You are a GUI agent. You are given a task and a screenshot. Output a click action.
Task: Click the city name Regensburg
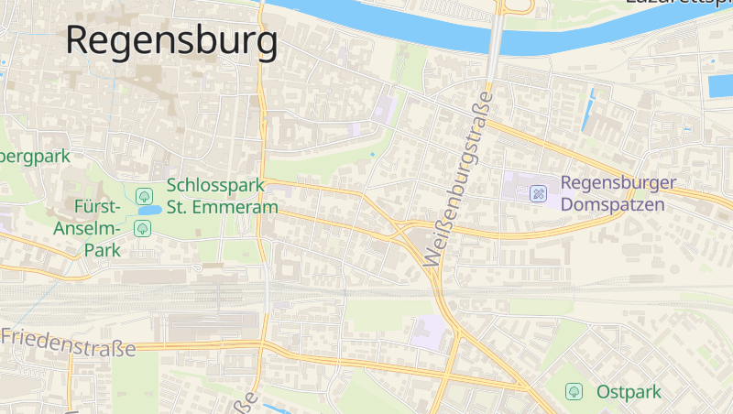(171, 40)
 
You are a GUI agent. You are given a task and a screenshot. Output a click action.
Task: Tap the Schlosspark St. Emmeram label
(222, 196)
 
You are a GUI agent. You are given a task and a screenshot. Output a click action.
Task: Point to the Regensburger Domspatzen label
(618, 193)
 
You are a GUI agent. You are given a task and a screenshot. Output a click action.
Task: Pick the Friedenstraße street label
(69, 342)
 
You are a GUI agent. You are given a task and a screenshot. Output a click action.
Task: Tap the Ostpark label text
(629, 392)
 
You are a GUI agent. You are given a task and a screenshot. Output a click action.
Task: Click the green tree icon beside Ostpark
(574, 392)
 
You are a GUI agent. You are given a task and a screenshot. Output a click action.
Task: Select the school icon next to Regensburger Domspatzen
(539, 193)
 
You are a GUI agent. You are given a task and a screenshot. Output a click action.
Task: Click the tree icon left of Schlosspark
(143, 195)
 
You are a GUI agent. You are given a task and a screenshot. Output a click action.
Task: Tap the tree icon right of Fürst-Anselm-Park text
(142, 228)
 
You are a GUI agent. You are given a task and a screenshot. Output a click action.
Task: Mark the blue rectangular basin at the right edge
(720, 86)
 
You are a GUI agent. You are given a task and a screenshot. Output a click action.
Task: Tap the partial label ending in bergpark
(35, 156)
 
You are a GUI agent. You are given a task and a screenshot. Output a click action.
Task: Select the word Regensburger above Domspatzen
(618, 182)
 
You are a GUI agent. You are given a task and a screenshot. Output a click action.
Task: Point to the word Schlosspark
(215, 185)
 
